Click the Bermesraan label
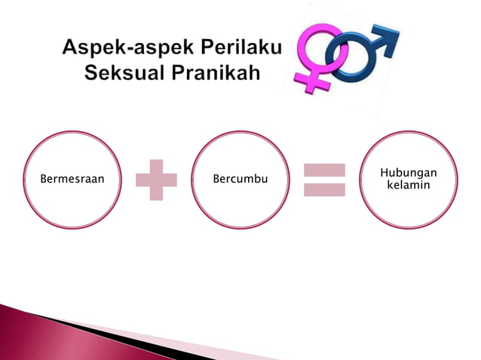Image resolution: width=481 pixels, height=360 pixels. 72,181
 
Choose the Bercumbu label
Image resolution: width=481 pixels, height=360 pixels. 240,181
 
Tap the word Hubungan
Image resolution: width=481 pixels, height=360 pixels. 408,174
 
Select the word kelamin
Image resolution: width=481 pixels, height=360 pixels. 408,185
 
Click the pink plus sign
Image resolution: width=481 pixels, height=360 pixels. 156,180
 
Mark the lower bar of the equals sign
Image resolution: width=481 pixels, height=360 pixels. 324,189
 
